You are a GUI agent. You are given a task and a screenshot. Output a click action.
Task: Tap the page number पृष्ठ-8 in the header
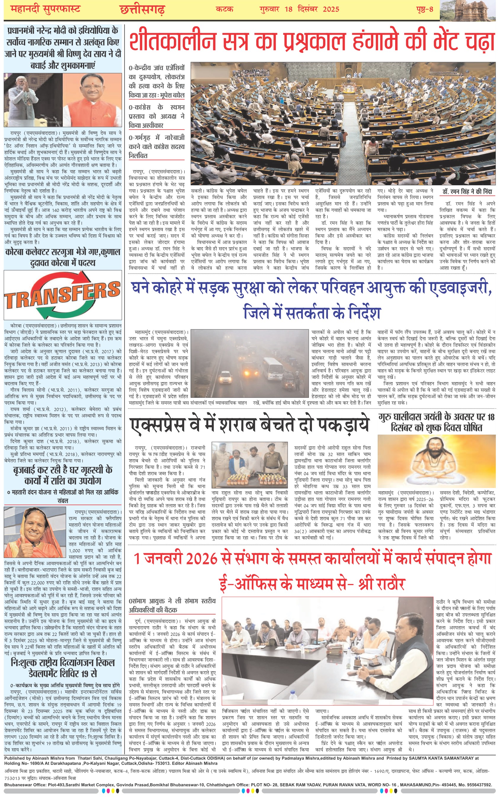[424, 9]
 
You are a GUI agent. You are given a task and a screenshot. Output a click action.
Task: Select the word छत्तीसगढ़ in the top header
[142, 9]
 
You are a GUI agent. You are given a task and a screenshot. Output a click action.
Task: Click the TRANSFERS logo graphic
[62, 294]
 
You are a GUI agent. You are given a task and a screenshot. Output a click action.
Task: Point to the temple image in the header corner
[469, 10]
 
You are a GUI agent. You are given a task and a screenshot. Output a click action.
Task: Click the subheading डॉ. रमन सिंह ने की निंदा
[467, 192]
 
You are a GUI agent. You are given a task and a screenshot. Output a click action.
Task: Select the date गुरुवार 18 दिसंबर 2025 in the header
[299, 9]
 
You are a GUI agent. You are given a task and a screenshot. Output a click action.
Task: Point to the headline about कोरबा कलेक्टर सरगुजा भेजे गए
[62, 257]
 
